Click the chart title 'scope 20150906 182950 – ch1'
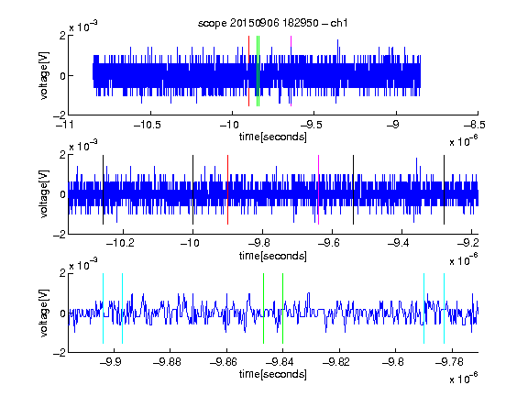272,23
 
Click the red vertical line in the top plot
248,71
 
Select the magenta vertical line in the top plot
291,71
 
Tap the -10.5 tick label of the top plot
148,126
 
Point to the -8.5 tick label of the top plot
475,126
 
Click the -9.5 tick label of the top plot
312,126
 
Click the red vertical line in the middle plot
228,190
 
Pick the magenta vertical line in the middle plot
319,190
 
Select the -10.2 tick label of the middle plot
120,243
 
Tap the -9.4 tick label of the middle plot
399,243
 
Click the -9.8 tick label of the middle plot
259,243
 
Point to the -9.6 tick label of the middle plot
329,243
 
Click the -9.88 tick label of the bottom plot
167,362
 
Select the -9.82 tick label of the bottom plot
336,362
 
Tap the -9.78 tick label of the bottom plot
449,362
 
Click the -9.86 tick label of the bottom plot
224,362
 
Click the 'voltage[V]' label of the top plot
44,75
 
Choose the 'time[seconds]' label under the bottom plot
273,374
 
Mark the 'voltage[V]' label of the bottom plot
44,313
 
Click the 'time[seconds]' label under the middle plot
273,256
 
